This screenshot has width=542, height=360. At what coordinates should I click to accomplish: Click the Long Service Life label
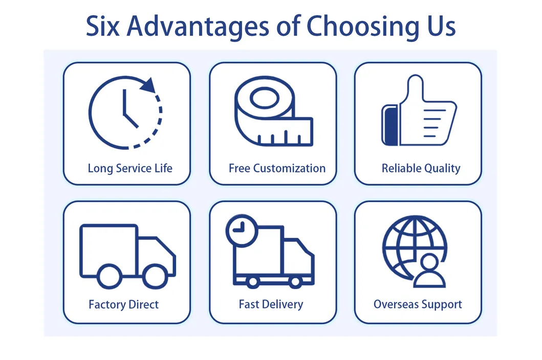[130, 168]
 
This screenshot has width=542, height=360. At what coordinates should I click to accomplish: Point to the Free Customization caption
[277, 168]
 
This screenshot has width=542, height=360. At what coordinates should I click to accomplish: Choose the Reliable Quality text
[421, 168]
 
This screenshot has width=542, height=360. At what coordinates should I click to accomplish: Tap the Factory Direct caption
[123, 305]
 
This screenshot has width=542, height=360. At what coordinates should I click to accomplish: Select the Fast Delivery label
[271, 304]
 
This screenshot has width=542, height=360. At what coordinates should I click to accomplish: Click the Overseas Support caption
[418, 305]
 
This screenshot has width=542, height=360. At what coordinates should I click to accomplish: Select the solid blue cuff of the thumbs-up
[391, 125]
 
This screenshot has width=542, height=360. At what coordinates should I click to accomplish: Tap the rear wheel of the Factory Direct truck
[110, 276]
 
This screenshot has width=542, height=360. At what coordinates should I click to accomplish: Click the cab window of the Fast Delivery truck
[300, 252]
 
